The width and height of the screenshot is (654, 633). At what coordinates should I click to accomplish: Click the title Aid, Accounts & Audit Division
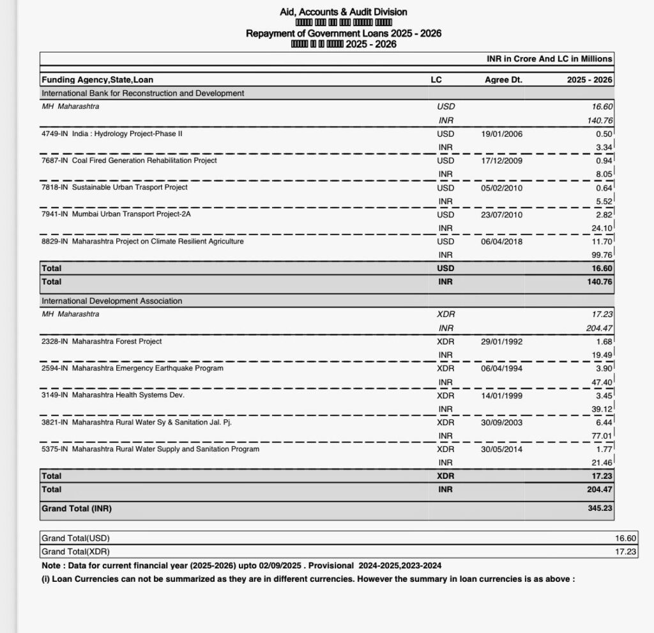343,12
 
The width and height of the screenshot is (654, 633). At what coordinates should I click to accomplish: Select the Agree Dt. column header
503,80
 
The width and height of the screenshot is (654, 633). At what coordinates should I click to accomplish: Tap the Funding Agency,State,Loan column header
97,80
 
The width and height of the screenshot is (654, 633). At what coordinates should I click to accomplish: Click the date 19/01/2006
501,134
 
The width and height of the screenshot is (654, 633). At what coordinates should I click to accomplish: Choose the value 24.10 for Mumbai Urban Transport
602,228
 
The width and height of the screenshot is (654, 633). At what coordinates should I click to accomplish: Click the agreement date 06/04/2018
501,242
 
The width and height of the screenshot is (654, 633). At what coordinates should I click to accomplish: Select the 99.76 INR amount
602,255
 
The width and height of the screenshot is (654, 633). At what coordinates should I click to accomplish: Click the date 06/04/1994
501,368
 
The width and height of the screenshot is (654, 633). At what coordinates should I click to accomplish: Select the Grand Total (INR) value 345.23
600,509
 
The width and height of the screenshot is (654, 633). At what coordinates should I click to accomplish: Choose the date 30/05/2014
501,449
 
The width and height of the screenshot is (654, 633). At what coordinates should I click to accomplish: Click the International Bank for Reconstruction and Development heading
142,93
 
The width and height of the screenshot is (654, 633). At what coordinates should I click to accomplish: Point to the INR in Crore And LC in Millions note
549,59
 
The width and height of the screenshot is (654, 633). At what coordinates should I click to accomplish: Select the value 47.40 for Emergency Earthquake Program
602,382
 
